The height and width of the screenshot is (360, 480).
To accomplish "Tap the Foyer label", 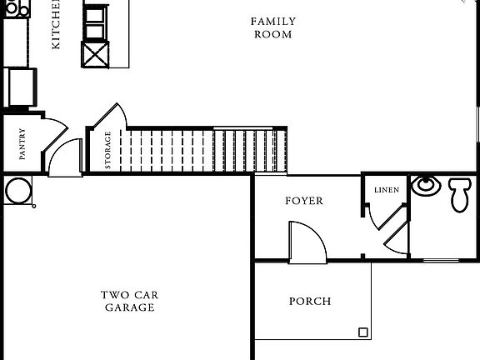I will [x=303, y=201].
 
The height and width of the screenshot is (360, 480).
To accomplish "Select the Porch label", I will [x=309, y=301].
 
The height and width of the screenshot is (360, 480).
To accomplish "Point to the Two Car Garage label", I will [x=129, y=301].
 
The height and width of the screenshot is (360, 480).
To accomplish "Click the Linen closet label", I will [x=386, y=190].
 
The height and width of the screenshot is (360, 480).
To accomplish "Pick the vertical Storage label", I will [x=107, y=150].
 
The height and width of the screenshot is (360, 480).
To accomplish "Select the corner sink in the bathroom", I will [x=425, y=184].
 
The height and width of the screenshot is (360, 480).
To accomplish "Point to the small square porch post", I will [x=363, y=332].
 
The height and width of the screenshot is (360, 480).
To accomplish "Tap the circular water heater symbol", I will [x=17, y=190].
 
